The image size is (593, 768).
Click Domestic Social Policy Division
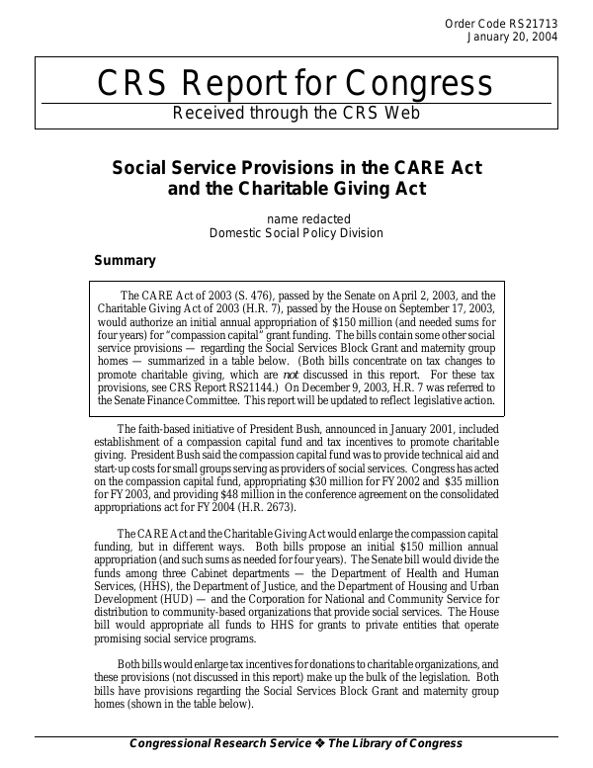pyautogui.click(x=296, y=233)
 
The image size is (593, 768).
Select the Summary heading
pyautogui.click(x=125, y=261)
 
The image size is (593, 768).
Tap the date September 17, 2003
pyautogui.click(x=448, y=308)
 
